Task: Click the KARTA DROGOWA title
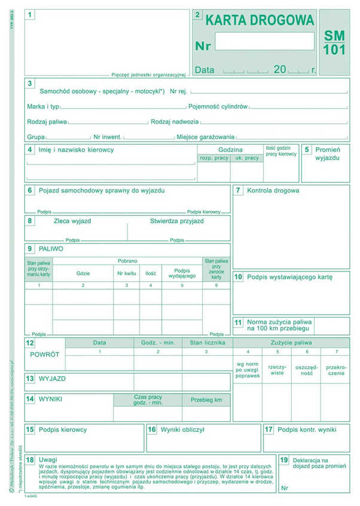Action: (260, 20)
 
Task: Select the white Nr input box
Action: (264, 41)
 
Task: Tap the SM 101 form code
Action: (334, 42)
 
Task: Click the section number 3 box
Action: (30, 84)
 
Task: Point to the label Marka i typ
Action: (43, 106)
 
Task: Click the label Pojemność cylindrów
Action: (218, 106)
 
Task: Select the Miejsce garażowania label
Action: (205, 136)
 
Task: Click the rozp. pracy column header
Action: (213, 158)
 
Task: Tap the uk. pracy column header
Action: (247, 158)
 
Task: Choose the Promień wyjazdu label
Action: (327, 154)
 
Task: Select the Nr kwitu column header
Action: (126, 273)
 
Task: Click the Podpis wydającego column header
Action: (182, 273)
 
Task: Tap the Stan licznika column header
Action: (207, 343)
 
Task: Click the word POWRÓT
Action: (45, 355)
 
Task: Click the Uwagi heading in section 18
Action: (48, 459)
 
